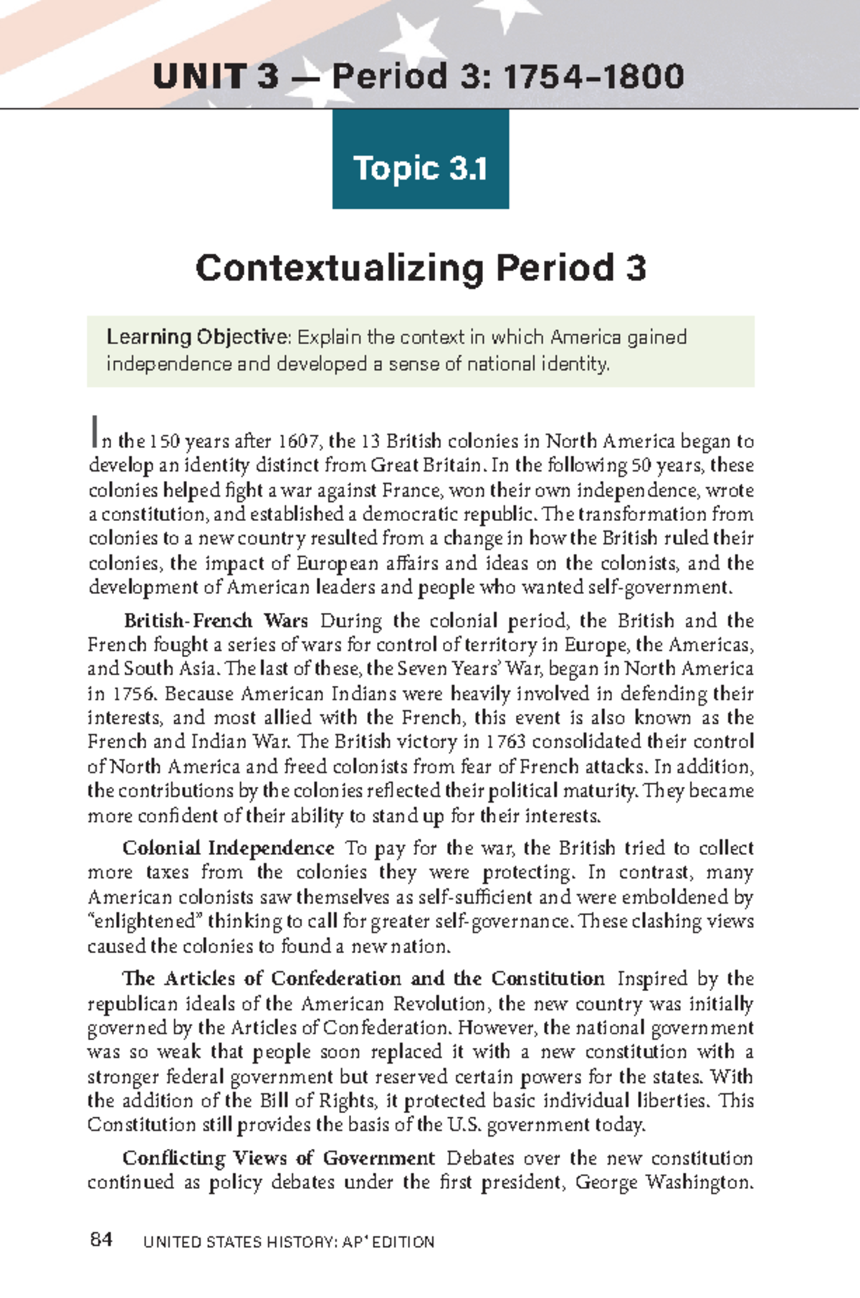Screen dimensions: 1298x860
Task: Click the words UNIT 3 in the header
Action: (x=215, y=76)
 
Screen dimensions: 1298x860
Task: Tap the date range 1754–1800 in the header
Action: (x=594, y=76)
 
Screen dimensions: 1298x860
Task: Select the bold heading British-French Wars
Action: (x=216, y=621)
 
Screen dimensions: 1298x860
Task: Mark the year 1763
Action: (x=505, y=741)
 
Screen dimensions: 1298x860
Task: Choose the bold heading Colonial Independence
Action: (x=229, y=849)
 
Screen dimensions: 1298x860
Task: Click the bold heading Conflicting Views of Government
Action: (x=278, y=1158)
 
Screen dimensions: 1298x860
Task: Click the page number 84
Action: (x=102, y=1241)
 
